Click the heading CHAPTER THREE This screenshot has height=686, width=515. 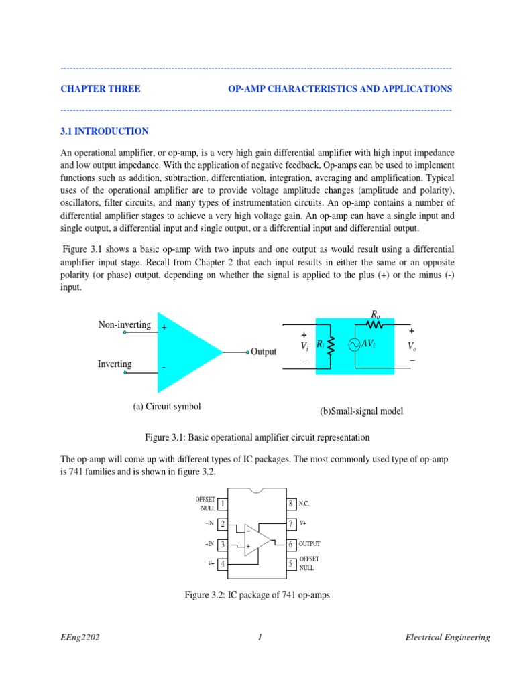(x=101, y=88)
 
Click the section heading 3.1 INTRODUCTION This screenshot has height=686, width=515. (x=105, y=131)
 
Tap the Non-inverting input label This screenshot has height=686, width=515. (x=125, y=325)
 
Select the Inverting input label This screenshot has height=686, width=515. (x=115, y=364)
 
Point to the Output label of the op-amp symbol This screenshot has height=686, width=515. (x=264, y=352)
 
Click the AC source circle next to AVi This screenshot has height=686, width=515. (x=353, y=344)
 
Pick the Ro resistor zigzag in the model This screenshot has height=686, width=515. (x=375, y=324)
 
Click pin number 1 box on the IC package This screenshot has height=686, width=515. (x=223, y=504)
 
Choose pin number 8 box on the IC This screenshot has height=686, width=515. (x=291, y=504)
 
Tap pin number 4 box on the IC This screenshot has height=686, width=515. (x=223, y=564)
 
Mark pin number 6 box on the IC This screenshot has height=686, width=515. (x=291, y=545)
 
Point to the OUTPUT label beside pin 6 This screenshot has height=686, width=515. (x=310, y=545)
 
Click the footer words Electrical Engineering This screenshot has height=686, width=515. (x=448, y=638)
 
